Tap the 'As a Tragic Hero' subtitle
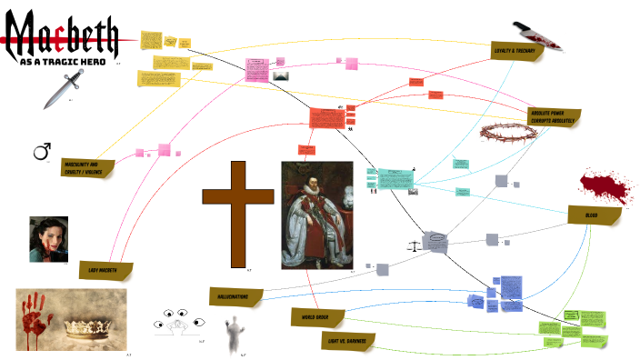point(62,62)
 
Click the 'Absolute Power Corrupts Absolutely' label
point(553,117)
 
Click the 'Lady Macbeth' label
point(105,271)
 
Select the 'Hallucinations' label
point(235,296)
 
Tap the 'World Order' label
point(316,316)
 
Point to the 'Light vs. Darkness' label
point(349,342)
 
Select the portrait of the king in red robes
point(316,215)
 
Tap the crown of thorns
point(507,135)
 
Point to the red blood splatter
point(604,187)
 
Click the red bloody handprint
point(37,318)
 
